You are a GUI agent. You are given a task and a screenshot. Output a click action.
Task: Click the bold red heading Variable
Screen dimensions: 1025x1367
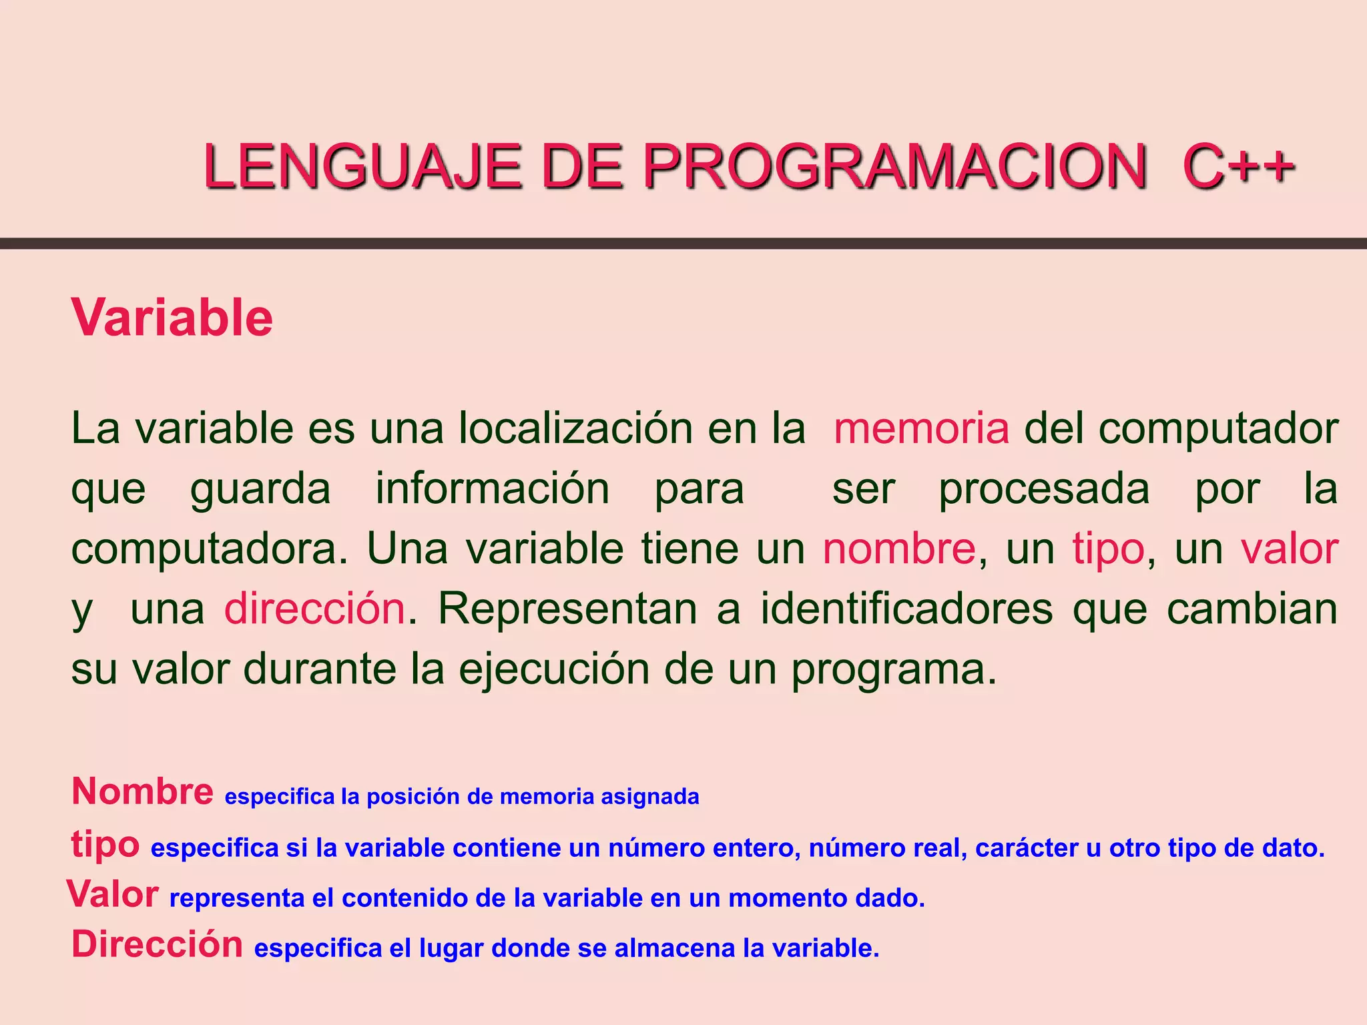(172, 318)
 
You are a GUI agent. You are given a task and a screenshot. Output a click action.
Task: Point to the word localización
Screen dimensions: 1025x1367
(575, 428)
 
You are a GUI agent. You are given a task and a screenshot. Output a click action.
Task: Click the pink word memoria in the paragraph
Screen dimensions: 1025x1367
(921, 428)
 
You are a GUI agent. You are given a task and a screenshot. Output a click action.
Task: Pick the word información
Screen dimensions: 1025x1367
(493, 489)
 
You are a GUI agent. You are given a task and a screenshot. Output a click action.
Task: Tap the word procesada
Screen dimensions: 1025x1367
(1044, 489)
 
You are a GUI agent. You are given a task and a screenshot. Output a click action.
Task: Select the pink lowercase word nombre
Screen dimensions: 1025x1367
(899, 549)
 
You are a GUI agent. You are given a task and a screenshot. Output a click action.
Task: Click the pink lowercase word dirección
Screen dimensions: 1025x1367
(314, 609)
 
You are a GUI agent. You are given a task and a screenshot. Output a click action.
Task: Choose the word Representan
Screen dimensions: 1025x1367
(567, 609)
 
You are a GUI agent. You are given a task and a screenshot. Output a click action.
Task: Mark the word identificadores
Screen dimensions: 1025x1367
(906, 609)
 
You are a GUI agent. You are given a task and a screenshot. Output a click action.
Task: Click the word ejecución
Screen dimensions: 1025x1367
(554, 669)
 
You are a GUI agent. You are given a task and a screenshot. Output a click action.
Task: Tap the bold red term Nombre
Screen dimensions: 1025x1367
(142, 791)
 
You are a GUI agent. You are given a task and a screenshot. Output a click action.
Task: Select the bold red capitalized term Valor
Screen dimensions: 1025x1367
(113, 894)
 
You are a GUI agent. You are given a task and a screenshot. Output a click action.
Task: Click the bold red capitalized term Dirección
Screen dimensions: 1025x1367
(158, 945)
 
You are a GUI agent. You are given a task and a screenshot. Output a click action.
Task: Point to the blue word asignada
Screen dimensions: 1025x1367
(650, 797)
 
